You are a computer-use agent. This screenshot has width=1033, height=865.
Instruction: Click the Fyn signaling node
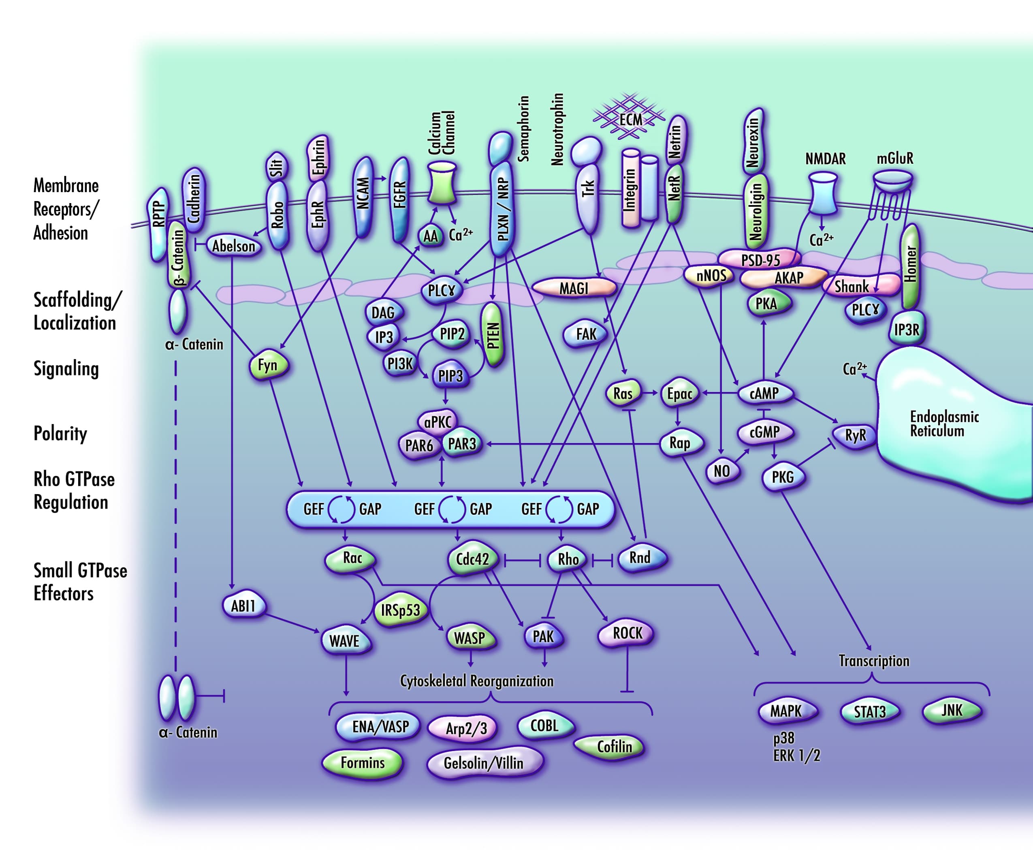268,365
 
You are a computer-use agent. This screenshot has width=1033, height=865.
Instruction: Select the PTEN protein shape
493,335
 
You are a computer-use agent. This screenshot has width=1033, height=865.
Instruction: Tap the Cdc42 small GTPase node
472,559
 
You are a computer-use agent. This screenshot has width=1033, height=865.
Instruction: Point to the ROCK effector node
627,633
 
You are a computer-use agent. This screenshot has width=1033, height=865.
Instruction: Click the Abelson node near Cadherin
234,246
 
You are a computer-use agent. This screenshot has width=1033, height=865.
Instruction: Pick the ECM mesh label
630,120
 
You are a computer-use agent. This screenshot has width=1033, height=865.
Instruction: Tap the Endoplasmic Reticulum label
944,424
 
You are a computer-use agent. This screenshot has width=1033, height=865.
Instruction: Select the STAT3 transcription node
870,712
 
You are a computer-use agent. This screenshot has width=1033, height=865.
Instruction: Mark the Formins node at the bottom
363,762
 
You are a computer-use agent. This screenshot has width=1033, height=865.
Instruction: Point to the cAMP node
764,393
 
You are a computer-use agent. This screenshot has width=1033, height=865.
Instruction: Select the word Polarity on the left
60,433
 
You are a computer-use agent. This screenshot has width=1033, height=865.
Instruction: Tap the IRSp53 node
400,610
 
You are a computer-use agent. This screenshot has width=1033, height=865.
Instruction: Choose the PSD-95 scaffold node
760,259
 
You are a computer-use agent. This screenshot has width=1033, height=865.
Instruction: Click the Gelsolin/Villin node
484,763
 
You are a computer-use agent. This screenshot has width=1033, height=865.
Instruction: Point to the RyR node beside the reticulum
856,435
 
